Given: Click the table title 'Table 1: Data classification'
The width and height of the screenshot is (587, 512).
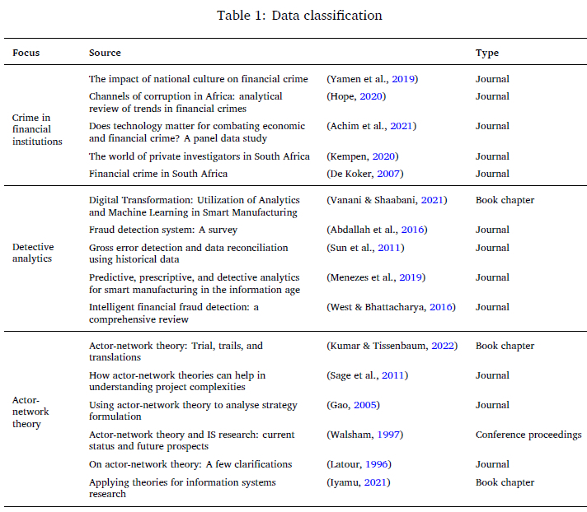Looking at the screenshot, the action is [x=299, y=16].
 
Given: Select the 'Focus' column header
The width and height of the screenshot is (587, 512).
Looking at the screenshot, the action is [x=26, y=53].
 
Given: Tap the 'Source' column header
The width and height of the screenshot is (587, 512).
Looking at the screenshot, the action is [x=105, y=53].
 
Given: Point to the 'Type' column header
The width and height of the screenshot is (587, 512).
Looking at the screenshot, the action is [x=487, y=53].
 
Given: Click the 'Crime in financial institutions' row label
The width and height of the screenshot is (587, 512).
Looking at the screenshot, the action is [x=37, y=129].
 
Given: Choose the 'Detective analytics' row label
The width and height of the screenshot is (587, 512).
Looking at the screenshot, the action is [x=33, y=253].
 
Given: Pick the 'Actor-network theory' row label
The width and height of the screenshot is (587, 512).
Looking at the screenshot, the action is [x=31, y=412].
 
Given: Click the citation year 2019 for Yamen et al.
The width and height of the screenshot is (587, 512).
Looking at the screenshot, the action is [x=403, y=79].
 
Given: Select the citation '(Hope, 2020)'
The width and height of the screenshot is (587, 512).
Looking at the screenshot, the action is [x=356, y=96].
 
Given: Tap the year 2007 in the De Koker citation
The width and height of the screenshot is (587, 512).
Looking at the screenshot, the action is [x=388, y=174].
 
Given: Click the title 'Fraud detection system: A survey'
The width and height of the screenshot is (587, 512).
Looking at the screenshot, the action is [x=163, y=230].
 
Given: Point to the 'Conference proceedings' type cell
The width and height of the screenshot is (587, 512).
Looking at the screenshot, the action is [x=528, y=435].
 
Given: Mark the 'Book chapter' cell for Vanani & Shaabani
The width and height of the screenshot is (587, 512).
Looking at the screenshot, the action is [x=505, y=200].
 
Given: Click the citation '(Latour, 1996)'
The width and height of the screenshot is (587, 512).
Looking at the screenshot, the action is [x=359, y=464].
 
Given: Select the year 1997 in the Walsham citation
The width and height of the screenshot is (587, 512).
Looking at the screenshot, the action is [x=388, y=435].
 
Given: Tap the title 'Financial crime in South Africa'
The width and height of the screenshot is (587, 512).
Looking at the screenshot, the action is [x=158, y=174].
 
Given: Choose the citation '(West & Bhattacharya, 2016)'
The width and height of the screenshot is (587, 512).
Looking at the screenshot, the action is [x=391, y=307].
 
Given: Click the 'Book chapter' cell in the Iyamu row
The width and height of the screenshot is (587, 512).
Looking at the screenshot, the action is [x=505, y=482].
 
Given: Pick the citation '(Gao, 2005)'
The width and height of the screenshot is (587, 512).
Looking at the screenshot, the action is [x=353, y=405].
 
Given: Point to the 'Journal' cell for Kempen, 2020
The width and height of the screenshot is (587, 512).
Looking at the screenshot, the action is [x=492, y=156].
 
